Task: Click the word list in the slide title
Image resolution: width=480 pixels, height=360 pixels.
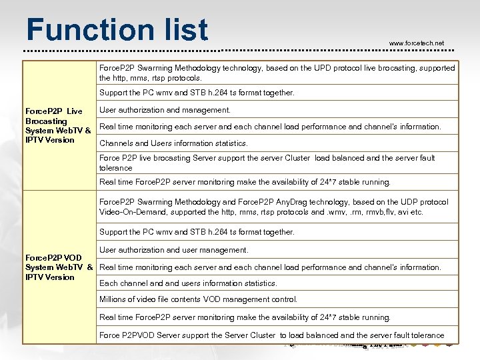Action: coord(181,30)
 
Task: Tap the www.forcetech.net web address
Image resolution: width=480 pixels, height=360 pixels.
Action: coord(416,43)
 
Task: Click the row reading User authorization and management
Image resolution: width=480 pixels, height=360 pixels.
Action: coord(165,110)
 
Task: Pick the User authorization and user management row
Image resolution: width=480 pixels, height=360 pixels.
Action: coord(173,250)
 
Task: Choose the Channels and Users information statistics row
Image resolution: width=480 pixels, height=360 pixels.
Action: coord(173,143)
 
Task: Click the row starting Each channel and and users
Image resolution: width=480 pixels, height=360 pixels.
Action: coord(188,283)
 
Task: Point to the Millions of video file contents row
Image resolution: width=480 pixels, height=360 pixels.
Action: coord(198,300)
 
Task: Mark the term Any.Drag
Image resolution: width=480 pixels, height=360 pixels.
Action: coord(309,202)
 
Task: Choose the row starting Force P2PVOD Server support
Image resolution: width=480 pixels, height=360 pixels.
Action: coord(271,335)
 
